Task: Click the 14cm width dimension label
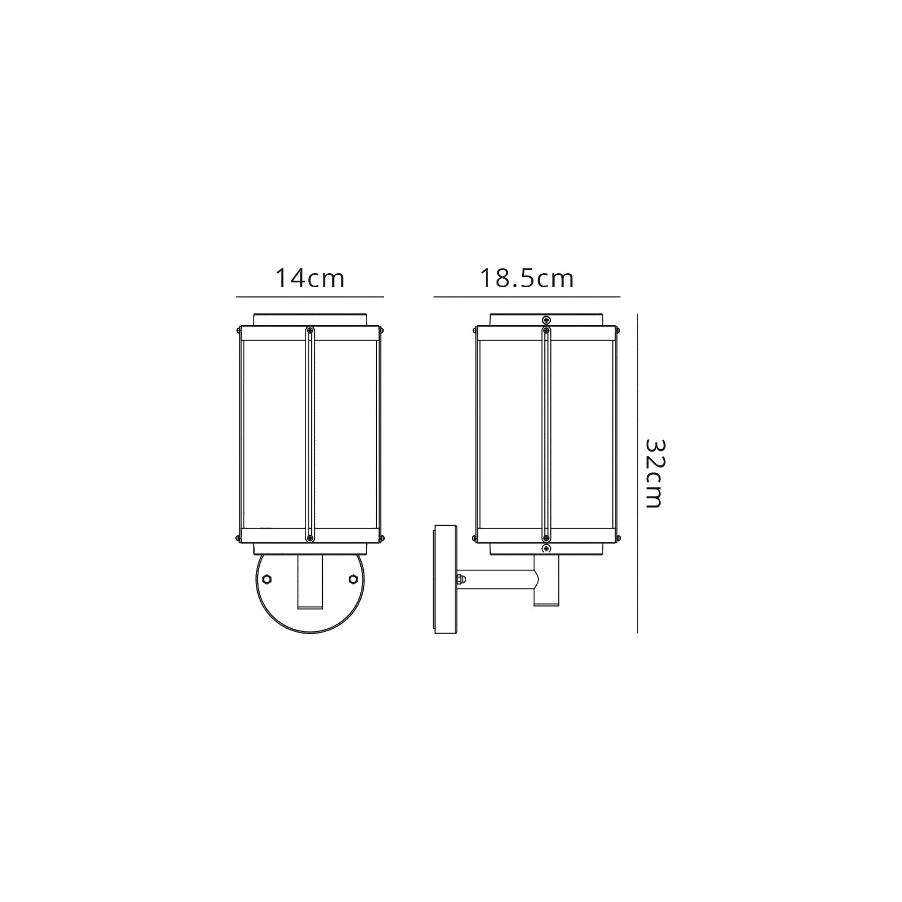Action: click(x=309, y=279)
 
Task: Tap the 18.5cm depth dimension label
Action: click(x=526, y=279)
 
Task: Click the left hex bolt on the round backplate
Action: click(x=267, y=580)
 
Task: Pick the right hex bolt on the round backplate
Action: click(x=353, y=580)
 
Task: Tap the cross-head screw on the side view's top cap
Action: click(x=547, y=320)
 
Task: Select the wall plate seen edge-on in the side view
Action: click(x=446, y=580)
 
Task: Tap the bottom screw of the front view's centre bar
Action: click(x=309, y=538)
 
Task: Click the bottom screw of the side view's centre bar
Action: click(x=547, y=538)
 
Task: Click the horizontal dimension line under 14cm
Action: click(x=309, y=296)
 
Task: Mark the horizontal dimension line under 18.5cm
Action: click(x=526, y=296)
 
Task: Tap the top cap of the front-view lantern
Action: click(x=309, y=319)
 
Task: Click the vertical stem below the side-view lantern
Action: click(x=547, y=593)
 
